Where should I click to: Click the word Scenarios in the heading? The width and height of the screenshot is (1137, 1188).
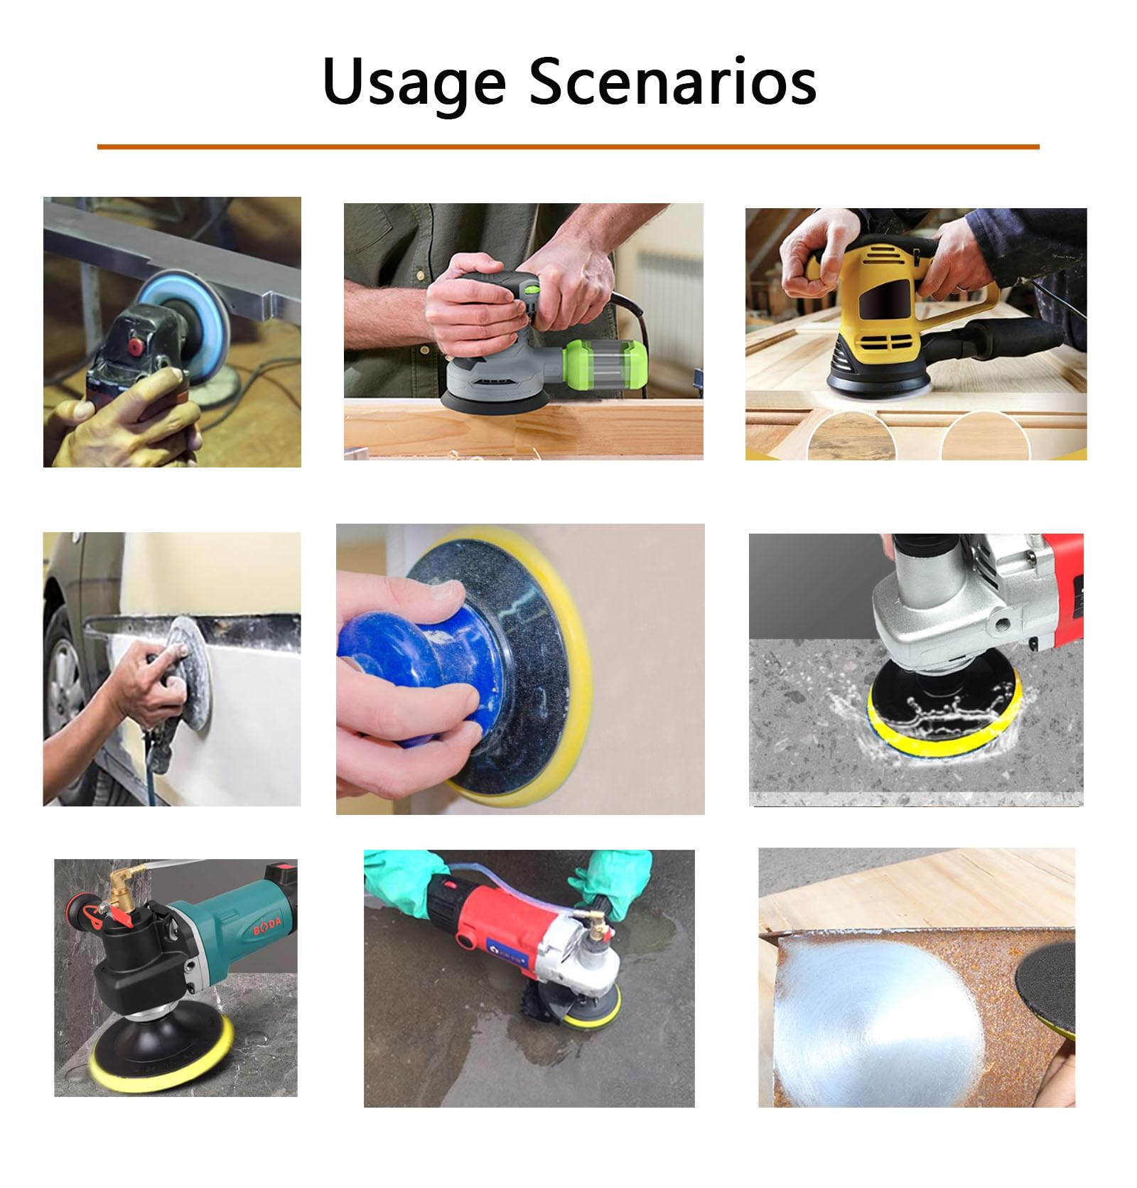[x=673, y=80]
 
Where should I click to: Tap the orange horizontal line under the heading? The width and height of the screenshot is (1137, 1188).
[x=568, y=146]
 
